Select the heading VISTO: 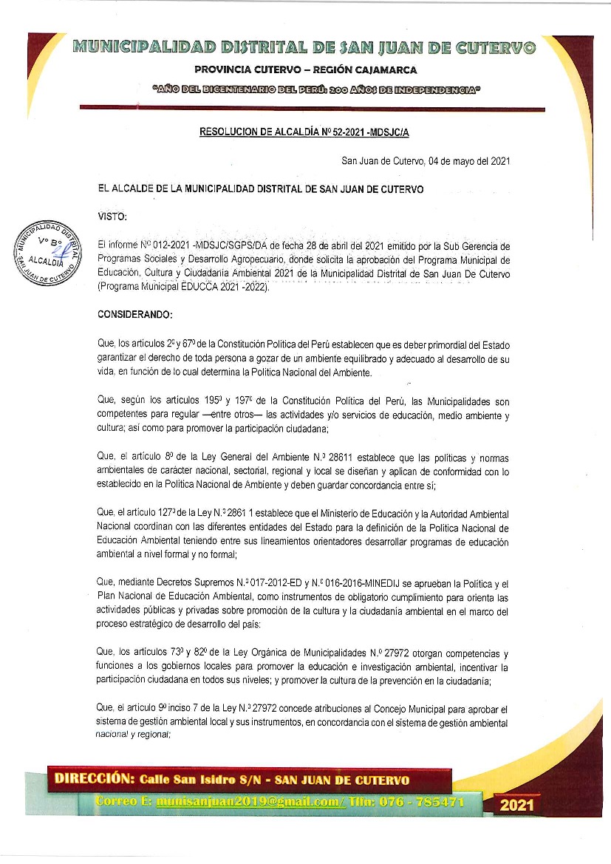click(x=113, y=216)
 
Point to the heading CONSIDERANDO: click(x=134, y=316)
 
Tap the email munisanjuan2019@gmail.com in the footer click(x=250, y=801)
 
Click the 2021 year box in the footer click(x=516, y=804)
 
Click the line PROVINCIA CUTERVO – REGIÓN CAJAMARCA click(x=305, y=70)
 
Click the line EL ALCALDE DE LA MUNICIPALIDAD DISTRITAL click(x=261, y=189)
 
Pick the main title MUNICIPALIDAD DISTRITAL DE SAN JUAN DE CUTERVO click(x=305, y=48)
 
